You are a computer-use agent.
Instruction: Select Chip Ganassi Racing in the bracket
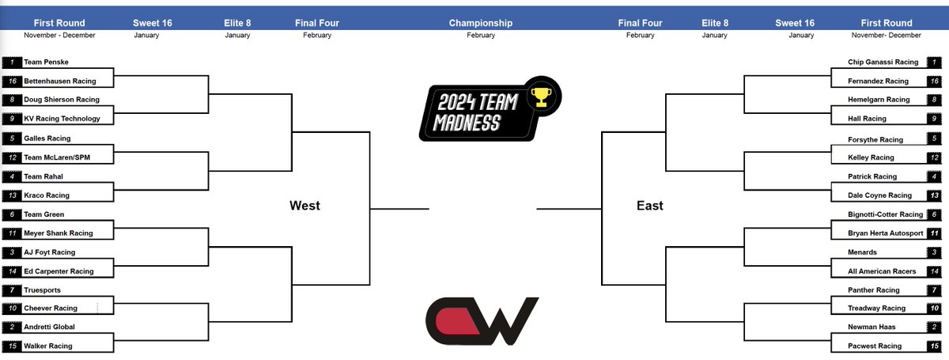pyautogui.click(x=883, y=62)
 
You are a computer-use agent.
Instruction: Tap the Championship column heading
pyautogui.click(x=480, y=23)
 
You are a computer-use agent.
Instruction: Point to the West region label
pyautogui.click(x=304, y=206)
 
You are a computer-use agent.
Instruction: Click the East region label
pyautogui.click(x=650, y=206)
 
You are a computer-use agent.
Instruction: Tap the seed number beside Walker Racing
pyautogui.click(x=13, y=346)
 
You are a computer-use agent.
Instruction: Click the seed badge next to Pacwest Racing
pyautogui.click(x=935, y=346)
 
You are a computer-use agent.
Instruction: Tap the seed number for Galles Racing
pyautogui.click(x=13, y=138)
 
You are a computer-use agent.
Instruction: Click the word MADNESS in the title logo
pyautogui.click(x=466, y=123)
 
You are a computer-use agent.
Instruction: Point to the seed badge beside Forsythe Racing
pyautogui.click(x=935, y=138)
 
